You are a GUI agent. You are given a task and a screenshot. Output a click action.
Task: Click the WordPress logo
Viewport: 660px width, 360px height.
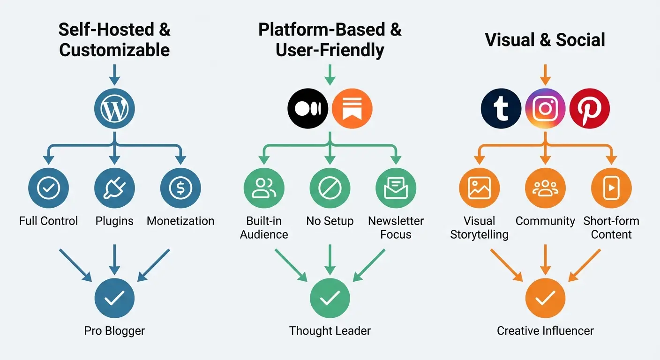pos(114,108)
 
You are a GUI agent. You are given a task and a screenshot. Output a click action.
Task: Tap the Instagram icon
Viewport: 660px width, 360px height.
pos(545,108)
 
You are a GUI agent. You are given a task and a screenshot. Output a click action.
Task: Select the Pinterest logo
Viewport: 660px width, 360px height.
pos(589,108)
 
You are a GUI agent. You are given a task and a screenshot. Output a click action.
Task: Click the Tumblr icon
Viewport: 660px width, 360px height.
pos(501,108)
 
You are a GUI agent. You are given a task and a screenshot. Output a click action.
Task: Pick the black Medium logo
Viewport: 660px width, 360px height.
pos(307,108)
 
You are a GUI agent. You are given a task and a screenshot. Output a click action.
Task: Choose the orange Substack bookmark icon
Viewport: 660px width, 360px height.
pos(352,108)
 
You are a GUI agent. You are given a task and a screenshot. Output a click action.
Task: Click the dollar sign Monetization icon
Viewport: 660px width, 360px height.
pos(180,188)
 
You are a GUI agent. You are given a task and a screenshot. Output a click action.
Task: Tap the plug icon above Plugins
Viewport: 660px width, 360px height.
pos(114,188)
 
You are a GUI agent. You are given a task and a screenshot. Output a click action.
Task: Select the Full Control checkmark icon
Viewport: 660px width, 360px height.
pos(48,188)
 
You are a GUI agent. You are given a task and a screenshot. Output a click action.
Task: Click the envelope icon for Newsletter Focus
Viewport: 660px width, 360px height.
pos(396,188)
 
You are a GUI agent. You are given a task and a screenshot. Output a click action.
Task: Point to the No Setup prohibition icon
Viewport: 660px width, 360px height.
pos(330,188)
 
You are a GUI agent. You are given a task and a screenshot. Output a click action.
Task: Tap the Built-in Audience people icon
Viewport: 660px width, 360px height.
pos(264,188)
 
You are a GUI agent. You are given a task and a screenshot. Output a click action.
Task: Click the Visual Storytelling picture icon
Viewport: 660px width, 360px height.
pos(479,188)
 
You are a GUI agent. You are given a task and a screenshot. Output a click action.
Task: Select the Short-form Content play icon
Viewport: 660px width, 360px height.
pos(611,188)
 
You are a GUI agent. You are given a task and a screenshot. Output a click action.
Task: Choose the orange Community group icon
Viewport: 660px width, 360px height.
pos(545,188)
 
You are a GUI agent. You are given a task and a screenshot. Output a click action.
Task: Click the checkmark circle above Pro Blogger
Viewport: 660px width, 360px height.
pos(114,298)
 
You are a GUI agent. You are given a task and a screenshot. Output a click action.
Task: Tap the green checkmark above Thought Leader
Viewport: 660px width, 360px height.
pos(330,298)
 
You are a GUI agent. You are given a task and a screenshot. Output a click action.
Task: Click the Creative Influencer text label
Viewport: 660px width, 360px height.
pos(545,331)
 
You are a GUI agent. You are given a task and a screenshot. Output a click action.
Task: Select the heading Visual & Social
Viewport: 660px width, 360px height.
pos(545,40)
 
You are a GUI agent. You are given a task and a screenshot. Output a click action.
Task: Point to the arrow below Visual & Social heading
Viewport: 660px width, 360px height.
pos(545,75)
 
